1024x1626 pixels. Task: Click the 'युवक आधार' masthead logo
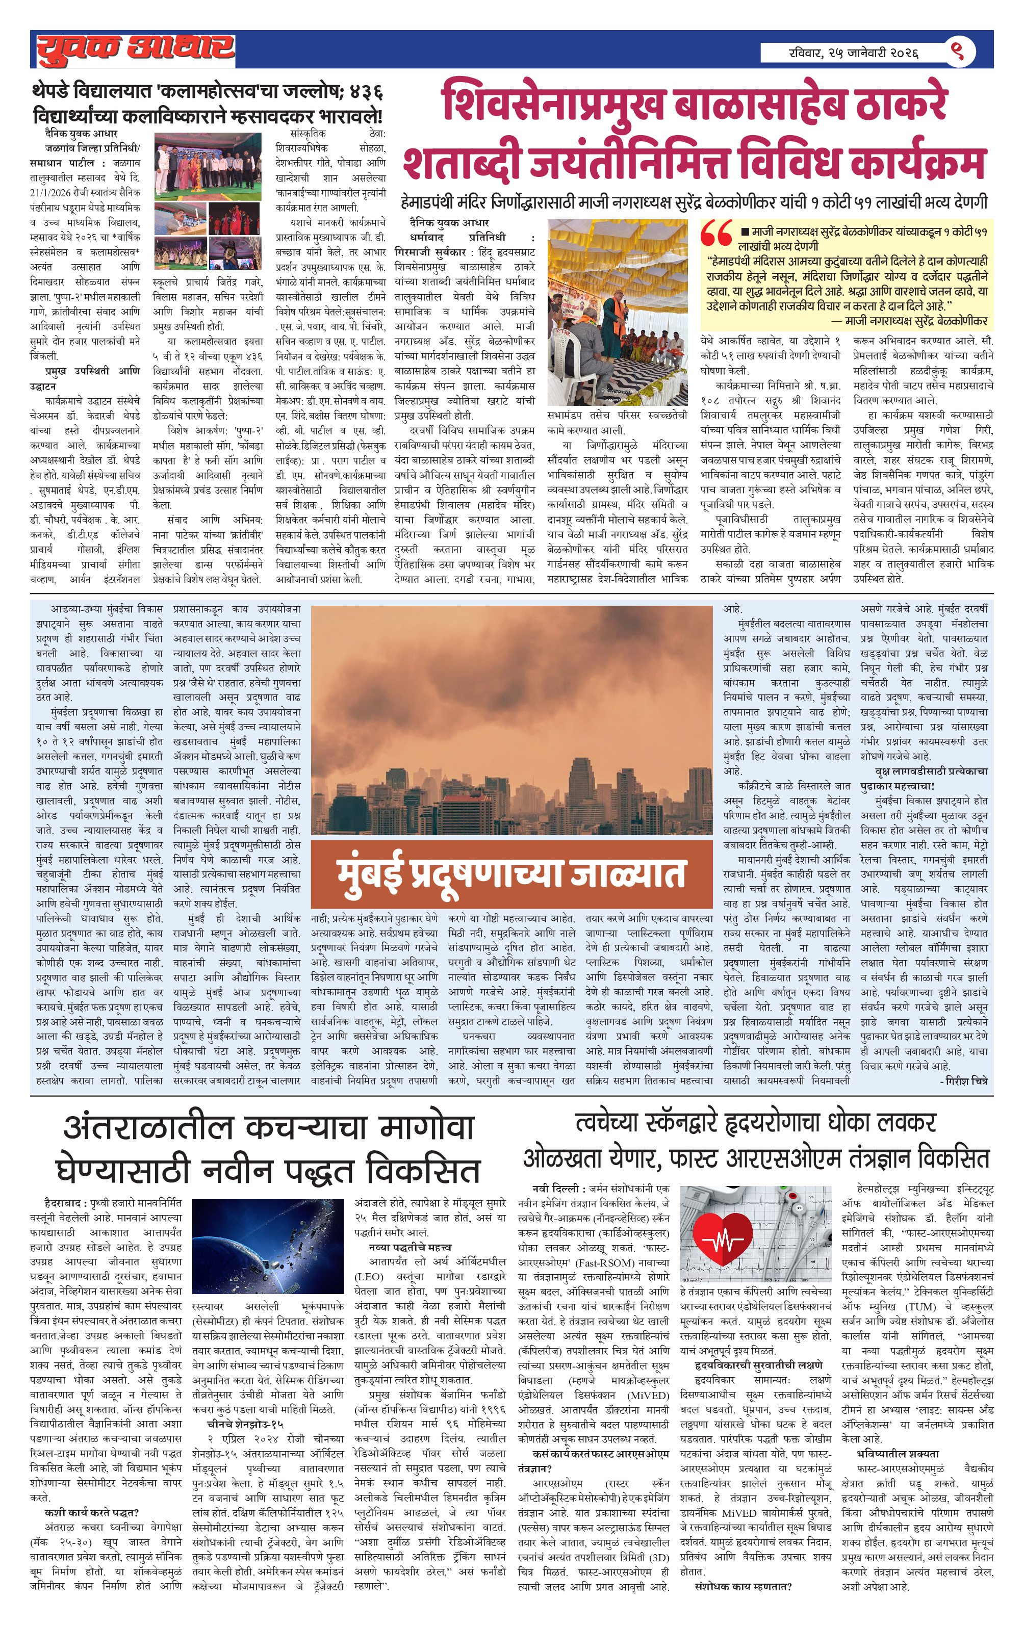(135, 48)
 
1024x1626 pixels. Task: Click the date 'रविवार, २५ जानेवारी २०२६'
(854, 52)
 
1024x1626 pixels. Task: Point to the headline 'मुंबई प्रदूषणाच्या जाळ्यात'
(511, 874)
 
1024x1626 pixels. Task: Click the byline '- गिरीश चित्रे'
(964, 1081)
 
